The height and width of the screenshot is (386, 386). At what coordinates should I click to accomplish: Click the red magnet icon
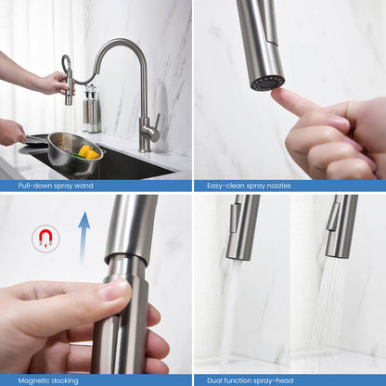pos(45,239)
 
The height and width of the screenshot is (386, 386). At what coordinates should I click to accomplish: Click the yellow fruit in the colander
pos(86,151)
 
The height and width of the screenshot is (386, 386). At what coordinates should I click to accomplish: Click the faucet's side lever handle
pos(154,122)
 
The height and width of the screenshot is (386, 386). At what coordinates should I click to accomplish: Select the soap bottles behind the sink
pos(91,109)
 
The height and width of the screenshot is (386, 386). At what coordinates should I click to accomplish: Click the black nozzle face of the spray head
pos(267,83)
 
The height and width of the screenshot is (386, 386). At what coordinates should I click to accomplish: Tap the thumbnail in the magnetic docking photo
pos(115,290)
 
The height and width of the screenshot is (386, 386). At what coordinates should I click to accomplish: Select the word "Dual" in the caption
pos(208,379)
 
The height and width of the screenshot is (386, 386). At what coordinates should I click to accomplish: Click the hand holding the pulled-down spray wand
pos(46,84)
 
